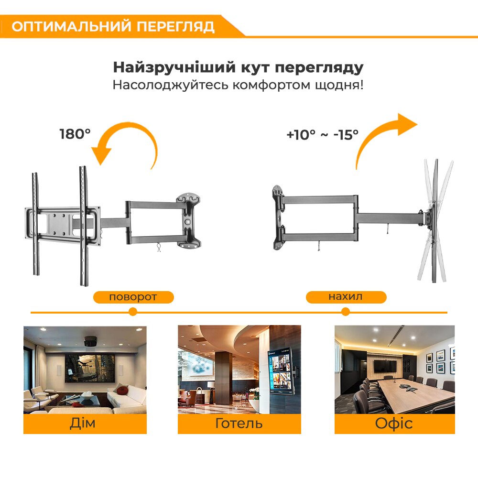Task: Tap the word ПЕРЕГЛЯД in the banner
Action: coord(175,26)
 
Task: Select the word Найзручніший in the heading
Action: coord(174,68)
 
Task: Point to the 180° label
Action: coord(75,134)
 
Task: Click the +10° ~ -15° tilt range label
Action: coord(323,135)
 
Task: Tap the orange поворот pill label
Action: coord(133,297)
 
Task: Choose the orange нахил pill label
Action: coord(346,297)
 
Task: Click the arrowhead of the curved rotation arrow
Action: coord(102,155)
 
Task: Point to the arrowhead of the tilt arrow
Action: coord(407,124)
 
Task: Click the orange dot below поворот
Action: coord(132,312)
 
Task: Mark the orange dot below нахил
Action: coord(346,312)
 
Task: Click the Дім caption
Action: coord(83,423)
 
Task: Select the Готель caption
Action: coord(239,424)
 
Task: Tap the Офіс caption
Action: coord(394,424)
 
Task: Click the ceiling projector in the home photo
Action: coord(90,340)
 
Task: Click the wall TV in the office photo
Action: coord(385,366)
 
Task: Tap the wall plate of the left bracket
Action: coord(188,220)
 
